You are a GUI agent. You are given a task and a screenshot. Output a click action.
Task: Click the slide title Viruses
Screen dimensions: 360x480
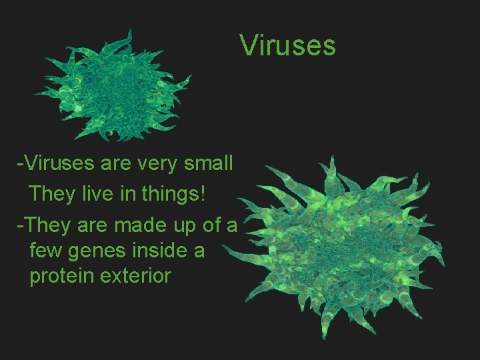pyautogui.click(x=287, y=46)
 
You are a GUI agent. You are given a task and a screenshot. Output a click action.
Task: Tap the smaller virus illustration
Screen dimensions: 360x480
pyautogui.click(x=115, y=87)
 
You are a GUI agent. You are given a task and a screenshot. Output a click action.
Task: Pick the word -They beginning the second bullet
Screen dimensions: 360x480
pyautogui.click(x=45, y=226)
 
